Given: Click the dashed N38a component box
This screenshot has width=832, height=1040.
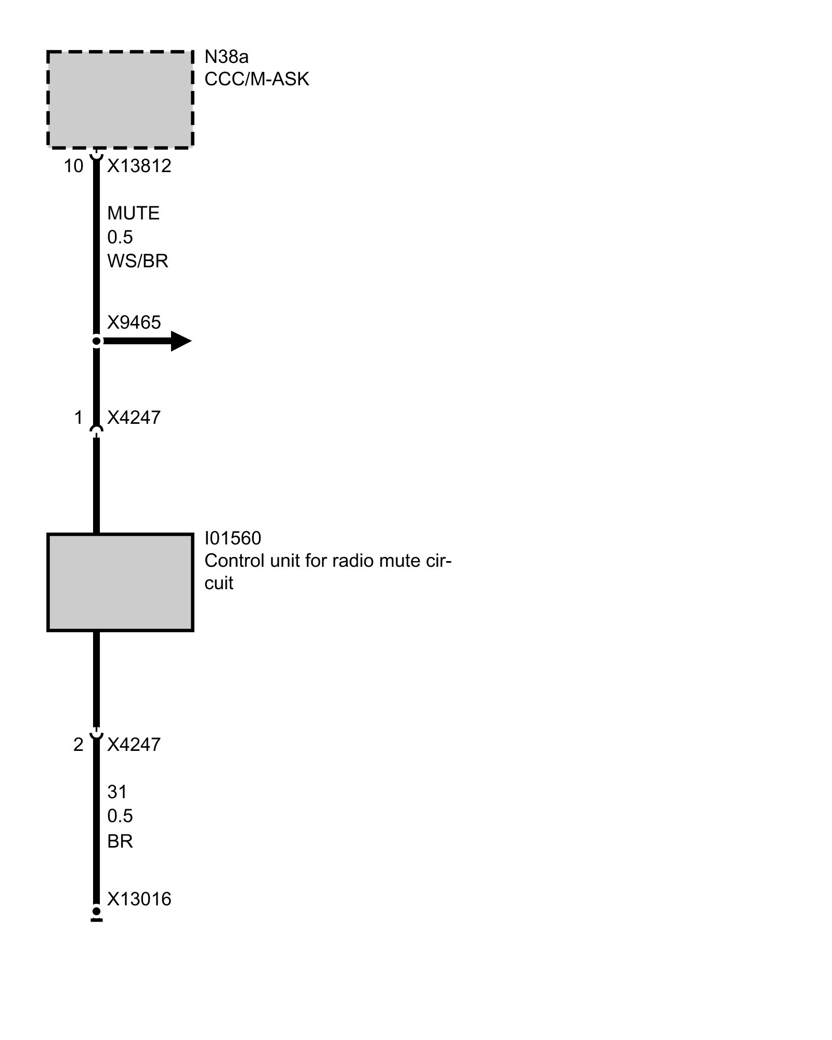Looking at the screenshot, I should [x=120, y=99].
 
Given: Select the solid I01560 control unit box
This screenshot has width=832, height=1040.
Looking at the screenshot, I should [x=120, y=582].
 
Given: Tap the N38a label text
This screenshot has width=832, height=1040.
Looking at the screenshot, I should [x=226, y=56].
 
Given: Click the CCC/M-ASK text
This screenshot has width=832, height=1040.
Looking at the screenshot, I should [x=257, y=79].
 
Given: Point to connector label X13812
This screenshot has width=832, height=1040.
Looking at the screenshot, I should [x=139, y=166].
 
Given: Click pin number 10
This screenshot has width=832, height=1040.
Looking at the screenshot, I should [x=73, y=166].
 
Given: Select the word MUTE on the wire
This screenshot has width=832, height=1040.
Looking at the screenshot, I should [x=133, y=213].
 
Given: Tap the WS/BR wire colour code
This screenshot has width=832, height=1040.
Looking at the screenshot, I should [x=138, y=261].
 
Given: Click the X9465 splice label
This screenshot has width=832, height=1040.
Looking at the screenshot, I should [x=134, y=322].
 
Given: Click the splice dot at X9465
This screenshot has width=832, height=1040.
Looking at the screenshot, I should [x=96, y=341].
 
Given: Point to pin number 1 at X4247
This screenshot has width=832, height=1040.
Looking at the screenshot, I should [x=78, y=417].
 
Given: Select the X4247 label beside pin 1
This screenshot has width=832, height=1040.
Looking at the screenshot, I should [x=134, y=417].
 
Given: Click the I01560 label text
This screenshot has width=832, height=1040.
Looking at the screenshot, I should [x=232, y=538].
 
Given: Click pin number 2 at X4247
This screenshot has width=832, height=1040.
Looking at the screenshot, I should [x=78, y=745].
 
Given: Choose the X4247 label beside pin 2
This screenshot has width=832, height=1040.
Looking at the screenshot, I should [x=134, y=745].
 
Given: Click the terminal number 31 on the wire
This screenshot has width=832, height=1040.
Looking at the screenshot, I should [x=117, y=792].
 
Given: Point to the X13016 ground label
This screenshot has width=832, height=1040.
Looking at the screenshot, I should [x=139, y=899].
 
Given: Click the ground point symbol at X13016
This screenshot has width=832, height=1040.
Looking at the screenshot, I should [x=96, y=912].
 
